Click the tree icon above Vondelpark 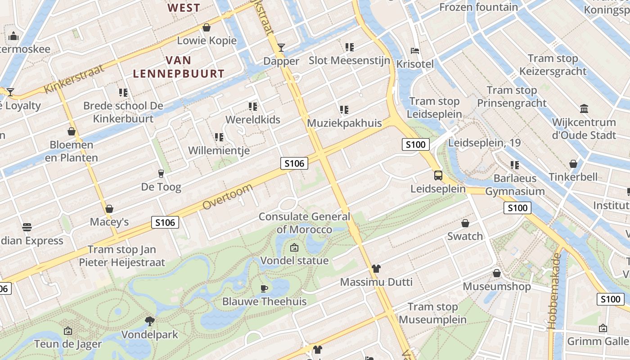point(150,321)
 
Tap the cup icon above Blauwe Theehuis point(264,288)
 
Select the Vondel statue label point(294,261)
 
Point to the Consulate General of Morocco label point(304,223)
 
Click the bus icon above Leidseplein point(438,175)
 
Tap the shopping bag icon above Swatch point(465,223)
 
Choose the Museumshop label point(497,286)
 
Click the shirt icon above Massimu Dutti point(376,269)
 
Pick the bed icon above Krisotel point(415,50)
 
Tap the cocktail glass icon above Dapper point(281,47)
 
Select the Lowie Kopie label point(207,40)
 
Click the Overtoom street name point(227,197)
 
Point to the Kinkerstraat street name point(75,78)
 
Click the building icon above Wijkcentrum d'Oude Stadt point(584,108)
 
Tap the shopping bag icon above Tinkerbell point(573,163)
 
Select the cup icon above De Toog point(161,173)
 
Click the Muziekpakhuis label point(344,123)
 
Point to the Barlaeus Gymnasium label point(515,184)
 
